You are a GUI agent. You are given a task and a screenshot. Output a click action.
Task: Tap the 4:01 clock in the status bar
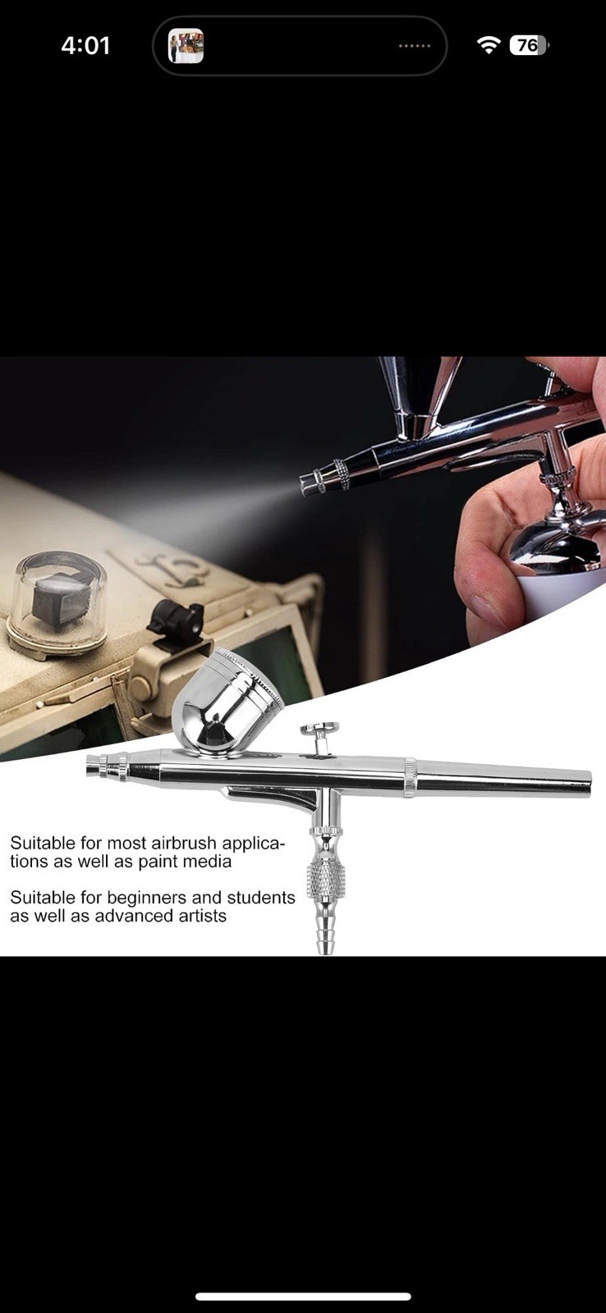click(85, 45)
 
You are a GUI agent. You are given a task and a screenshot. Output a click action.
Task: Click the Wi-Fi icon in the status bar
click(489, 45)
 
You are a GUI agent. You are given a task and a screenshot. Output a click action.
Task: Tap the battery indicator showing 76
click(528, 45)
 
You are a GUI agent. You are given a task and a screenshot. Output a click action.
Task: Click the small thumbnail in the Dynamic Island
click(186, 46)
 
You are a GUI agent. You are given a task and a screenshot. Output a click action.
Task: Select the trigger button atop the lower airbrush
click(320, 730)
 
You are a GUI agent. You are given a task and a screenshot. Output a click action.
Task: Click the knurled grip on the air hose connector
click(326, 882)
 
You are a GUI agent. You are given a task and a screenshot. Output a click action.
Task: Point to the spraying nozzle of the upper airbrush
click(310, 481)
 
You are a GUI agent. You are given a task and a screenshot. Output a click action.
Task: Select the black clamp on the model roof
click(175, 620)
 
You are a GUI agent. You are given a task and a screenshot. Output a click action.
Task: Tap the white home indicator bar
click(303, 1297)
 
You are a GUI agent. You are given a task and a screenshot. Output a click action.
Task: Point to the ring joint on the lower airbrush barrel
click(409, 778)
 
